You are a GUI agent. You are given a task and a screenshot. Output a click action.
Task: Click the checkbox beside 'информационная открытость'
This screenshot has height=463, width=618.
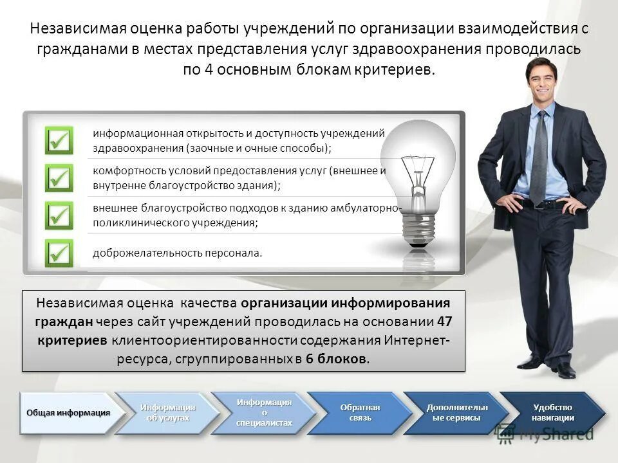pyautogui.click(x=59, y=140)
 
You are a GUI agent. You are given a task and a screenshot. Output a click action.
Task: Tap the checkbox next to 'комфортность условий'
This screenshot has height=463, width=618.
pyautogui.click(x=59, y=177)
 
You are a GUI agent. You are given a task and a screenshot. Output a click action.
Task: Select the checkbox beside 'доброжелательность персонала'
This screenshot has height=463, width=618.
pyautogui.click(x=59, y=253)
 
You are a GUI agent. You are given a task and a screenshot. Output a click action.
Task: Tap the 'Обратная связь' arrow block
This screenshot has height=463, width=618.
pyautogui.click(x=358, y=413)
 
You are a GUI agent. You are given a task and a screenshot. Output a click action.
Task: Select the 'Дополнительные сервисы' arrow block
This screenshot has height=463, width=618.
pyautogui.click(x=455, y=413)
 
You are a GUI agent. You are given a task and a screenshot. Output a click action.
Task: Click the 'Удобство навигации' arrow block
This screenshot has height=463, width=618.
pyautogui.click(x=552, y=413)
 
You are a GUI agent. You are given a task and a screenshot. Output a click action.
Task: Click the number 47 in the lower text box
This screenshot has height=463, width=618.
pyautogui.click(x=444, y=322)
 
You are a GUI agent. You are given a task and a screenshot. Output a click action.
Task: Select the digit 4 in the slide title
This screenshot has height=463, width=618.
pyautogui.click(x=209, y=69)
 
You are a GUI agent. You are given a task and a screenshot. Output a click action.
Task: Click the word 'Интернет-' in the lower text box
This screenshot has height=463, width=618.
pyautogui.click(x=418, y=340)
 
